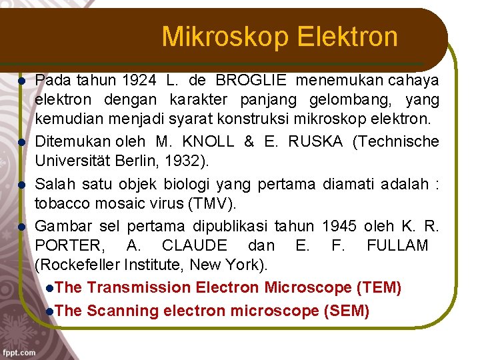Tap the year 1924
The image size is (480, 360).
click(x=139, y=81)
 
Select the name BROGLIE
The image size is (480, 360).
click(x=251, y=81)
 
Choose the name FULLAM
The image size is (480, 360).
click(x=397, y=245)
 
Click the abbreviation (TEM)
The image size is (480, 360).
click(x=379, y=288)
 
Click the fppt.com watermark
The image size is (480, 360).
click(x=19, y=351)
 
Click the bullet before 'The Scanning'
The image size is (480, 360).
click(x=51, y=311)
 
